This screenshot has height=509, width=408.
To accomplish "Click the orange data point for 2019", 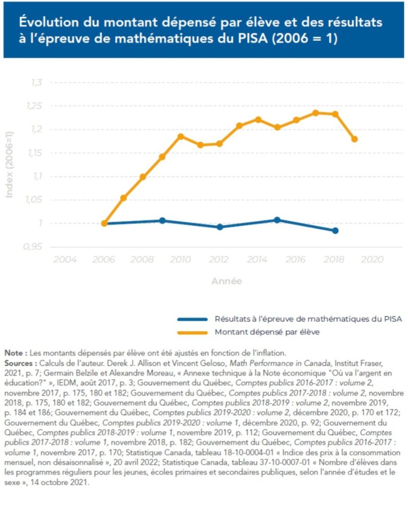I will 354,139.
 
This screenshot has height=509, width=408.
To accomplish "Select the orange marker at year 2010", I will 181,136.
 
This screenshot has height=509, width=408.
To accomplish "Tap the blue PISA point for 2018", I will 335,231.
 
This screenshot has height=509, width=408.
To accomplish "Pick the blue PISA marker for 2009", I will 162,220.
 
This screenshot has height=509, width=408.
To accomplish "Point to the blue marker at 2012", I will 220,227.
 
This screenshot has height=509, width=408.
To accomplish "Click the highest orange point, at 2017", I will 315,113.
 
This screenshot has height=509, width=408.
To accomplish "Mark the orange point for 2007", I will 123,198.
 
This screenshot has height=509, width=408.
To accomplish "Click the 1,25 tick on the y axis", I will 36,106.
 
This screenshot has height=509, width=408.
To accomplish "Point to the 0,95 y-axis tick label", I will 35,247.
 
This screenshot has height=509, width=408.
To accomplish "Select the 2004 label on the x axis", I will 65,259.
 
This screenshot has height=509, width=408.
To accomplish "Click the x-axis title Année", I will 226,281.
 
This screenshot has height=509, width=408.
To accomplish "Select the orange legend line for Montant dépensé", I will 192,332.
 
